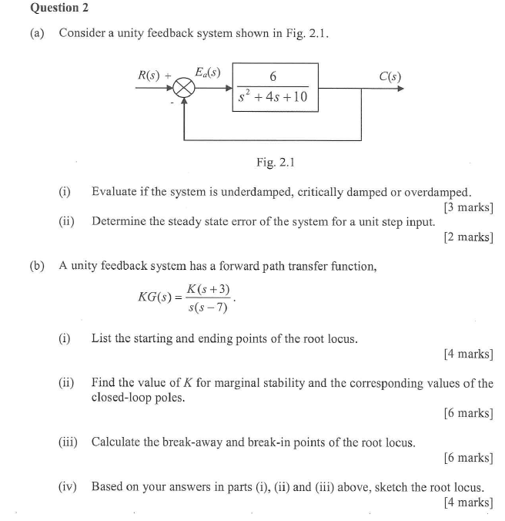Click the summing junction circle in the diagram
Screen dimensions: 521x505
pyautogui.click(x=183, y=89)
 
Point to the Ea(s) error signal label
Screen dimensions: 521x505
pyautogui.click(x=208, y=72)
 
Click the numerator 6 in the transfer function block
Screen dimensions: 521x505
pyautogui.click(x=273, y=76)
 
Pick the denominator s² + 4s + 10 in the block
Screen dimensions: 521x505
pyautogui.click(x=273, y=97)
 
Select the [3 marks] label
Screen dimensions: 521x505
pyautogui.click(x=468, y=207)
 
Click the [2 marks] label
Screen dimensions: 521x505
pyautogui.click(x=468, y=237)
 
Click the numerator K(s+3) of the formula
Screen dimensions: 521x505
pyautogui.click(x=207, y=288)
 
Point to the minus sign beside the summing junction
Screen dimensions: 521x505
pyautogui.click(x=172, y=101)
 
